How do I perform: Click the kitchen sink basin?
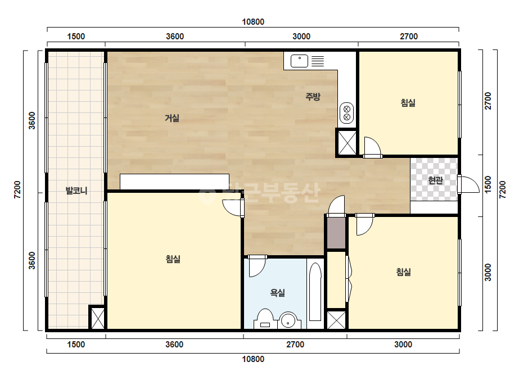pyautogui.click(x=299, y=61)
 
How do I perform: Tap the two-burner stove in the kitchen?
pyautogui.click(x=346, y=113)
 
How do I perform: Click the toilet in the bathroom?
pyautogui.click(x=265, y=319)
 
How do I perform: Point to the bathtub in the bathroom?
pyautogui.click(x=315, y=292)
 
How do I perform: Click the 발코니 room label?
pyautogui.click(x=76, y=191)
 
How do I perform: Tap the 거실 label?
pyautogui.click(x=172, y=118)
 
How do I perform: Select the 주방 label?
pyautogui.click(x=313, y=97)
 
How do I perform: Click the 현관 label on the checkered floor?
pyautogui.click(x=435, y=180)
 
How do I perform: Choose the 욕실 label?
pyautogui.click(x=278, y=293)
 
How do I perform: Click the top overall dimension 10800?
pyautogui.click(x=253, y=22)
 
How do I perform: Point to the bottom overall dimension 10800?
pyautogui.click(x=253, y=359)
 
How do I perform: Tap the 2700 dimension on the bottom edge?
pyautogui.click(x=295, y=345)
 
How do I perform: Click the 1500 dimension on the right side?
pyautogui.click(x=488, y=185)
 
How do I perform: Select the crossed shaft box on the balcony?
pyautogui.click(x=98, y=318)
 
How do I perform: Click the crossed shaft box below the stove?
pyautogui.click(x=347, y=143)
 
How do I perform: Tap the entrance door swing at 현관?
pyautogui.click(x=468, y=184)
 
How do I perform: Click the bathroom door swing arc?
pyautogui.click(x=257, y=266)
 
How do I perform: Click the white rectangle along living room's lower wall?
pyautogui.click(x=174, y=182)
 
